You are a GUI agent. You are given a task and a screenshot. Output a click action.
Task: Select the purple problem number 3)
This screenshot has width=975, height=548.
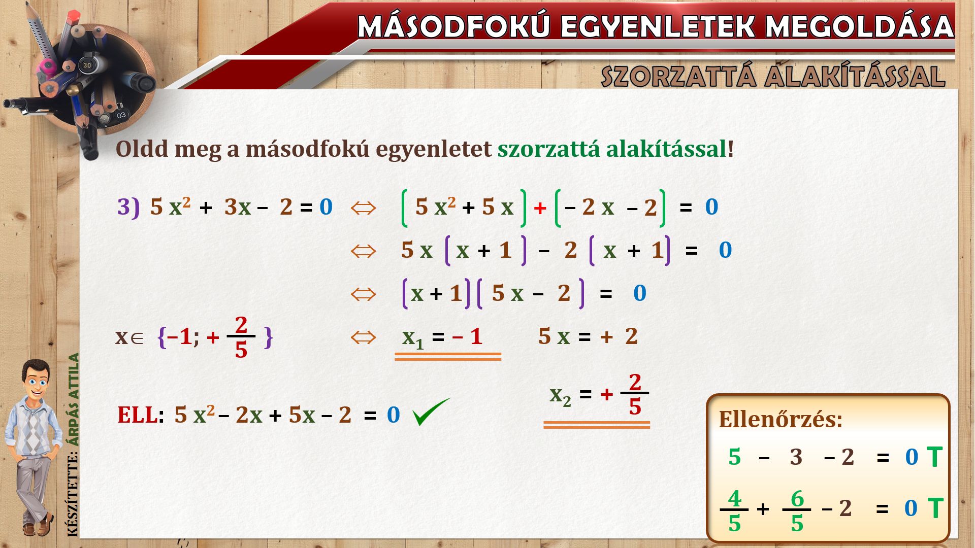[x=128, y=207]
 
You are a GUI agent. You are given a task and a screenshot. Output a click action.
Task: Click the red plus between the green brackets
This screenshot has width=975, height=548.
[x=540, y=208]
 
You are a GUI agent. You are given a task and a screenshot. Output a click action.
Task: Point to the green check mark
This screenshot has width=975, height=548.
[x=431, y=412]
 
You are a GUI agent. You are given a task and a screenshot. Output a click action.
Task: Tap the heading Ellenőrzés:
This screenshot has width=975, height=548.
[x=781, y=420]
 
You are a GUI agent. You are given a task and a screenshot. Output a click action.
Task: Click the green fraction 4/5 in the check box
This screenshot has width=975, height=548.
[x=734, y=510]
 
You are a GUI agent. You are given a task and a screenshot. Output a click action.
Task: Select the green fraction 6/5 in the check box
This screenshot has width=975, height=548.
[x=797, y=510]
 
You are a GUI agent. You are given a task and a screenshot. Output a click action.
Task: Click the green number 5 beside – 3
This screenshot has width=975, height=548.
[x=734, y=457]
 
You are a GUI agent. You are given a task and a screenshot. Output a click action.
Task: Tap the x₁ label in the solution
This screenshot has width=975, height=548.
[x=412, y=337]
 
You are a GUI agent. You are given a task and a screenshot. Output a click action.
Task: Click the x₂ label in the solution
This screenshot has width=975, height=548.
[x=560, y=396]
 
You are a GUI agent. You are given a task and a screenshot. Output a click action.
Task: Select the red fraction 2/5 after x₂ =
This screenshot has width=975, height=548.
[x=635, y=394]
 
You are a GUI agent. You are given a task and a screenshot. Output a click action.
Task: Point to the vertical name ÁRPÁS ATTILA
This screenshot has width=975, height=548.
[x=74, y=399]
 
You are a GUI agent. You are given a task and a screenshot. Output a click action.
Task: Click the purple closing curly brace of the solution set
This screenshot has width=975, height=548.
[x=269, y=337]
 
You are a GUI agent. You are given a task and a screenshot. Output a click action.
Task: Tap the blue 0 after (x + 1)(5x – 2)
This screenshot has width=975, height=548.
[x=639, y=293]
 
